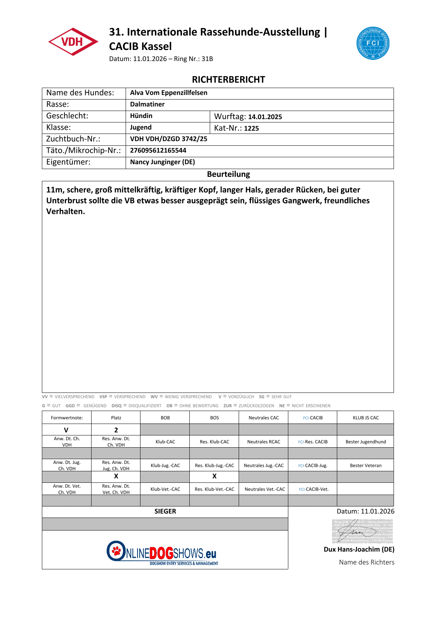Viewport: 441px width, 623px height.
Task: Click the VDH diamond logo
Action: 73,42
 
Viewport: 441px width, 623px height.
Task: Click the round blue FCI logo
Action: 373,43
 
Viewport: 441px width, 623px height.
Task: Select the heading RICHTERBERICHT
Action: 228,80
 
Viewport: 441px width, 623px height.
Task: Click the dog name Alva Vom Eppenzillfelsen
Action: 169,93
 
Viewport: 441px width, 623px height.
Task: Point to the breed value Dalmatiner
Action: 147,104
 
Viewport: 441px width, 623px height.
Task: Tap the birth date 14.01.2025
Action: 265,117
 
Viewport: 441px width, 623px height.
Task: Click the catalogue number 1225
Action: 251,128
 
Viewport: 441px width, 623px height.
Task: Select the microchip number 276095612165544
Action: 158,151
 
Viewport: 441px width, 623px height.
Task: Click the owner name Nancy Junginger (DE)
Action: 162,162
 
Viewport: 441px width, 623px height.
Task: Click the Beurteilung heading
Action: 228,174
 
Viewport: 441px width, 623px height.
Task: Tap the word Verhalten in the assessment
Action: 65,212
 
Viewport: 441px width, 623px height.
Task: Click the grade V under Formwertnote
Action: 66,430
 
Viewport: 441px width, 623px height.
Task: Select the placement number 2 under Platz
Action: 116,430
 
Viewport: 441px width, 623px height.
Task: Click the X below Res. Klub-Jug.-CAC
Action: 214,476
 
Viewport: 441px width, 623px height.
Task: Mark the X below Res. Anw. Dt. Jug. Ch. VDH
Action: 116,476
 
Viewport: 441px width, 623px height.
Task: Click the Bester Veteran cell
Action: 365,465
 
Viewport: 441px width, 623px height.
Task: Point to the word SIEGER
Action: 165,511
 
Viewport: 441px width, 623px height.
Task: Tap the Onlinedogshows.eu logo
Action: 162,553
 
